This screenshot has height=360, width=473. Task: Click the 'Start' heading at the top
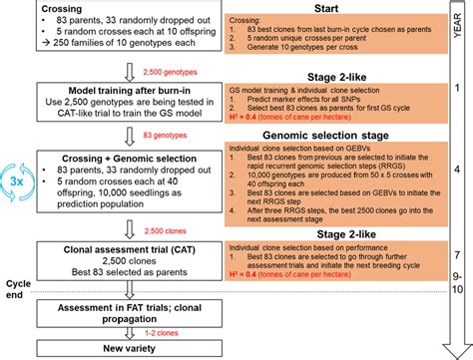click(x=325, y=9)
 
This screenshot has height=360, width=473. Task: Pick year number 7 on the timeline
click(x=456, y=255)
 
